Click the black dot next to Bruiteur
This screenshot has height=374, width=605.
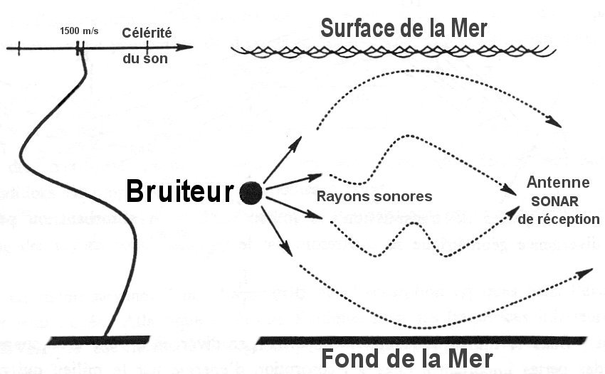pyautogui.click(x=251, y=192)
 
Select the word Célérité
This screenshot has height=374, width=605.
pyautogui.click(x=147, y=32)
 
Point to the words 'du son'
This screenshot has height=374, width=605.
pyautogui.click(x=145, y=59)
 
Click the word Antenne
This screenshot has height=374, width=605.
pyautogui.click(x=552, y=183)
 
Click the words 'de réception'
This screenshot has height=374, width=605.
pyautogui.click(x=559, y=219)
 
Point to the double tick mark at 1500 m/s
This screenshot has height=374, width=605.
pyautogui.click(x=80, y=48)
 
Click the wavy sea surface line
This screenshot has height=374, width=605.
pyautogui.click(x=392, y=50)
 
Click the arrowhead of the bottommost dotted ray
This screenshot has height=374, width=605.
pyautogui.click(x=586, y=272)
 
